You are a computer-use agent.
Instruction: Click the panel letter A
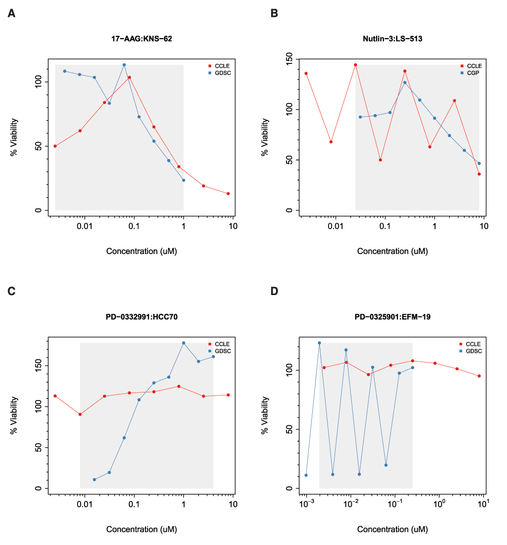(x=12, y=14)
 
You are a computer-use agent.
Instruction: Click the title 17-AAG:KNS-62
(x=141, y=39)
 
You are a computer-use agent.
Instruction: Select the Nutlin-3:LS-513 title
(x=392, y=39)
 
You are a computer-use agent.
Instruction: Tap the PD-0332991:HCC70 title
(x=141, y=317)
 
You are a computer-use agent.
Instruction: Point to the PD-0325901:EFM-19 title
(x=392, y=317)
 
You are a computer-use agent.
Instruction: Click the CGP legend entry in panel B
(x=473, y=73)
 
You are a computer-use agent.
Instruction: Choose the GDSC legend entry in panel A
(x=222, y=73)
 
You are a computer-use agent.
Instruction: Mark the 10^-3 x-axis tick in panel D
(x=306, y=503)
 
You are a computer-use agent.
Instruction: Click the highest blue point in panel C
(x=184, y=343)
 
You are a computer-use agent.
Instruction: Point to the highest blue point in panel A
(x=124, y=65)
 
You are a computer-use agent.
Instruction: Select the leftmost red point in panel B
(x=306, y=74)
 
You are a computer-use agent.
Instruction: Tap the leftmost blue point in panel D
(x=306, y=475)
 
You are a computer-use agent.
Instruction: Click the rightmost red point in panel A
(x=229, y=194)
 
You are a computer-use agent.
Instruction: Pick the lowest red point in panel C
(x=80, y=414)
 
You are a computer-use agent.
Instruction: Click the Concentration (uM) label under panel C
(x=141, y=529)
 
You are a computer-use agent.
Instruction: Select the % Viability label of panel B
(x=265, y=137)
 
